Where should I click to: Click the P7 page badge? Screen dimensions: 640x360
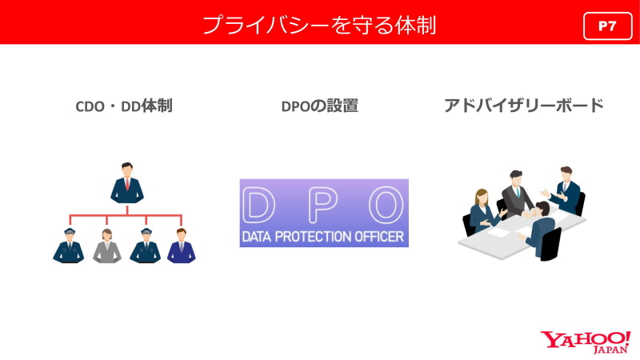tap(607, 26)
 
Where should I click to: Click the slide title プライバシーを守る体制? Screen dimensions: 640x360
tap(319, 25)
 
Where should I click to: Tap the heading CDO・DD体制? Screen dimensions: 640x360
tap(124, 106)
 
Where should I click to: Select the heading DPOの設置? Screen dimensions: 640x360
tap(319, 106)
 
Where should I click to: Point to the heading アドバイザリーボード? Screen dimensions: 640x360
tap(524, 106)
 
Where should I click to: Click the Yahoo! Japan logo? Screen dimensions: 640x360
tap(586, 342)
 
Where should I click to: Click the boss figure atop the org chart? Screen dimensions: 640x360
tap(127, 183)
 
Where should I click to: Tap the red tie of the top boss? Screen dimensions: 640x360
tap(127, 185)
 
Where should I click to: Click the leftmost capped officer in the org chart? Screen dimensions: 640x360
tap(69, 246)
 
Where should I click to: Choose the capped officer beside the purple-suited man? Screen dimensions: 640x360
tap(146, 246)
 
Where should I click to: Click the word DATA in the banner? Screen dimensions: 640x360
tap(257, 237)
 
